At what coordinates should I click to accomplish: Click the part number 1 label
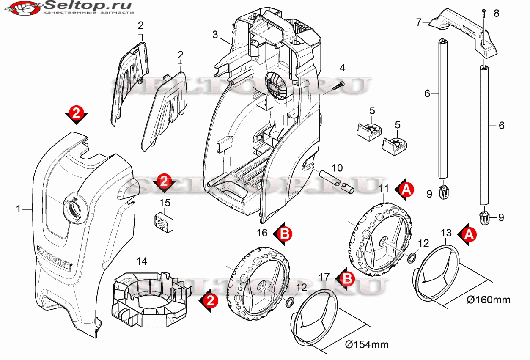tap(18, 209)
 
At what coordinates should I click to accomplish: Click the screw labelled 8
tap(484, 14)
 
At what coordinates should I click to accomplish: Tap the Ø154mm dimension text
tap(367, 344)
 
